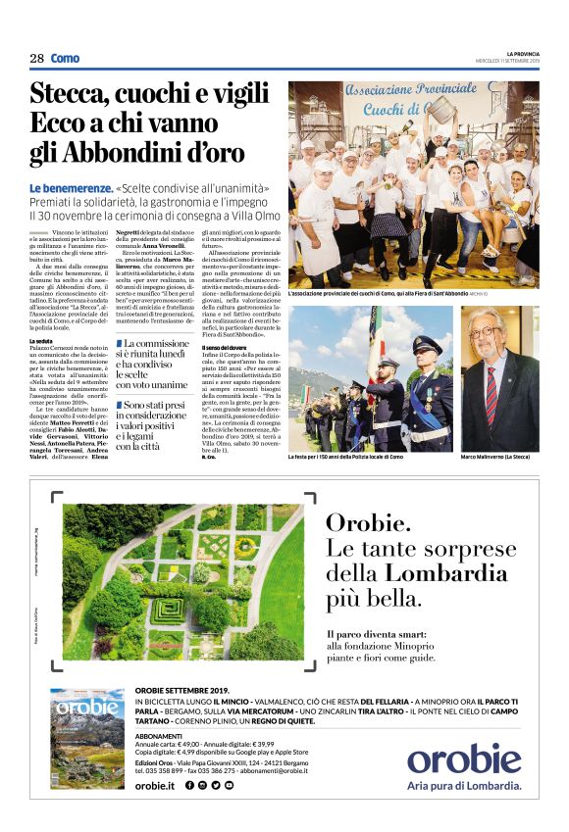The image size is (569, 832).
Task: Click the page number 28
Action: point(36,59)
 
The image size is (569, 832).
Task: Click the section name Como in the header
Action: point(66,59)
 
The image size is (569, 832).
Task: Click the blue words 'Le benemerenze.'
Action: point(82,187)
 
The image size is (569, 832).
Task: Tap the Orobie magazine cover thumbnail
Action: point(87,737)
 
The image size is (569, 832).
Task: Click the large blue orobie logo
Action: point(464,759)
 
